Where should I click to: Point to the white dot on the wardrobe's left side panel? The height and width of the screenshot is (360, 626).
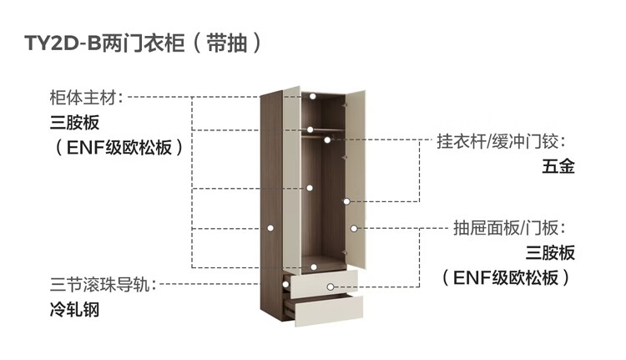(x=271, y=226)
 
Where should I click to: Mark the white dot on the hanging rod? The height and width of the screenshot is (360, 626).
(x=309, y=129)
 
